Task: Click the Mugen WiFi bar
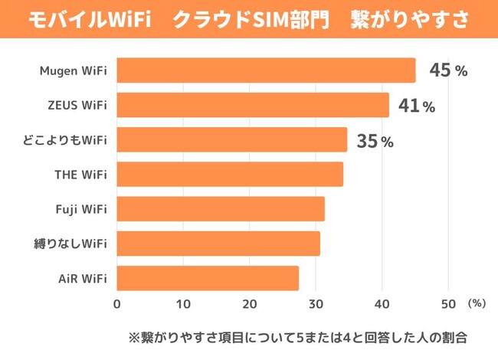pyautogui.click(x=266, y=70)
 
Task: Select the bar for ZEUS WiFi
pyautogui.click(x=253, y=105)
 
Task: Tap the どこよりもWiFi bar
pyautogui.click(x=232, y=139)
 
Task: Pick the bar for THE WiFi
pyautogui.click(x=230, y=175)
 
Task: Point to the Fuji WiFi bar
pyautogui.click(x=221, y=209)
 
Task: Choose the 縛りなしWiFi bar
pyautogui.click(x=218, y=244)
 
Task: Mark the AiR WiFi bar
pyautogui.click(x=208, y=278)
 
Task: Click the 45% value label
pyautogui.click(x=448, y=70)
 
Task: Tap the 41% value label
pyautogui.click(x=417, y=106)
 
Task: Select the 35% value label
pyautogui.click(x=375, y=141)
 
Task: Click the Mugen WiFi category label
pyautogui.click(x=74, y=71)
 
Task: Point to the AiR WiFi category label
pyautogui.click(x=81, y=279)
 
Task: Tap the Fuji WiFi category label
pyautogui.click(x=81, y=209)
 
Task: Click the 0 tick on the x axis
pyautogui.click(x=117, y=304)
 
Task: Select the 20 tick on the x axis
pyautogui.click(x=250, y=304)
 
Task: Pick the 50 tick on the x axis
pyautogui.click(x=448, y=304)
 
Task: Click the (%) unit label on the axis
pyautogui.click(x=476, y=303)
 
